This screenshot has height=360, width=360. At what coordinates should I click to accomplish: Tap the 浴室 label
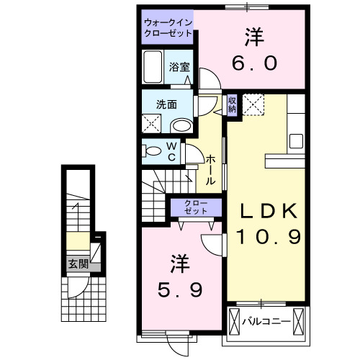179,67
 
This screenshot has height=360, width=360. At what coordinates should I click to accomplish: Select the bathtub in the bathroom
153,67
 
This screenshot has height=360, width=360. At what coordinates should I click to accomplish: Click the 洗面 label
166,104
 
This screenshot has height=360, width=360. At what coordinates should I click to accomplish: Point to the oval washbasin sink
183,125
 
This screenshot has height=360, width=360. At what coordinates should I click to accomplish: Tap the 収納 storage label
232,105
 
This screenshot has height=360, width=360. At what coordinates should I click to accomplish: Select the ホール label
210,169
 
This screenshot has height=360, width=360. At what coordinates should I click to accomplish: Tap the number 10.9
269,235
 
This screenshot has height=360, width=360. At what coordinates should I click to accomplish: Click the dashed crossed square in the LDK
253,104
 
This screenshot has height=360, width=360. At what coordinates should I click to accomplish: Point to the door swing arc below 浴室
204,80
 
